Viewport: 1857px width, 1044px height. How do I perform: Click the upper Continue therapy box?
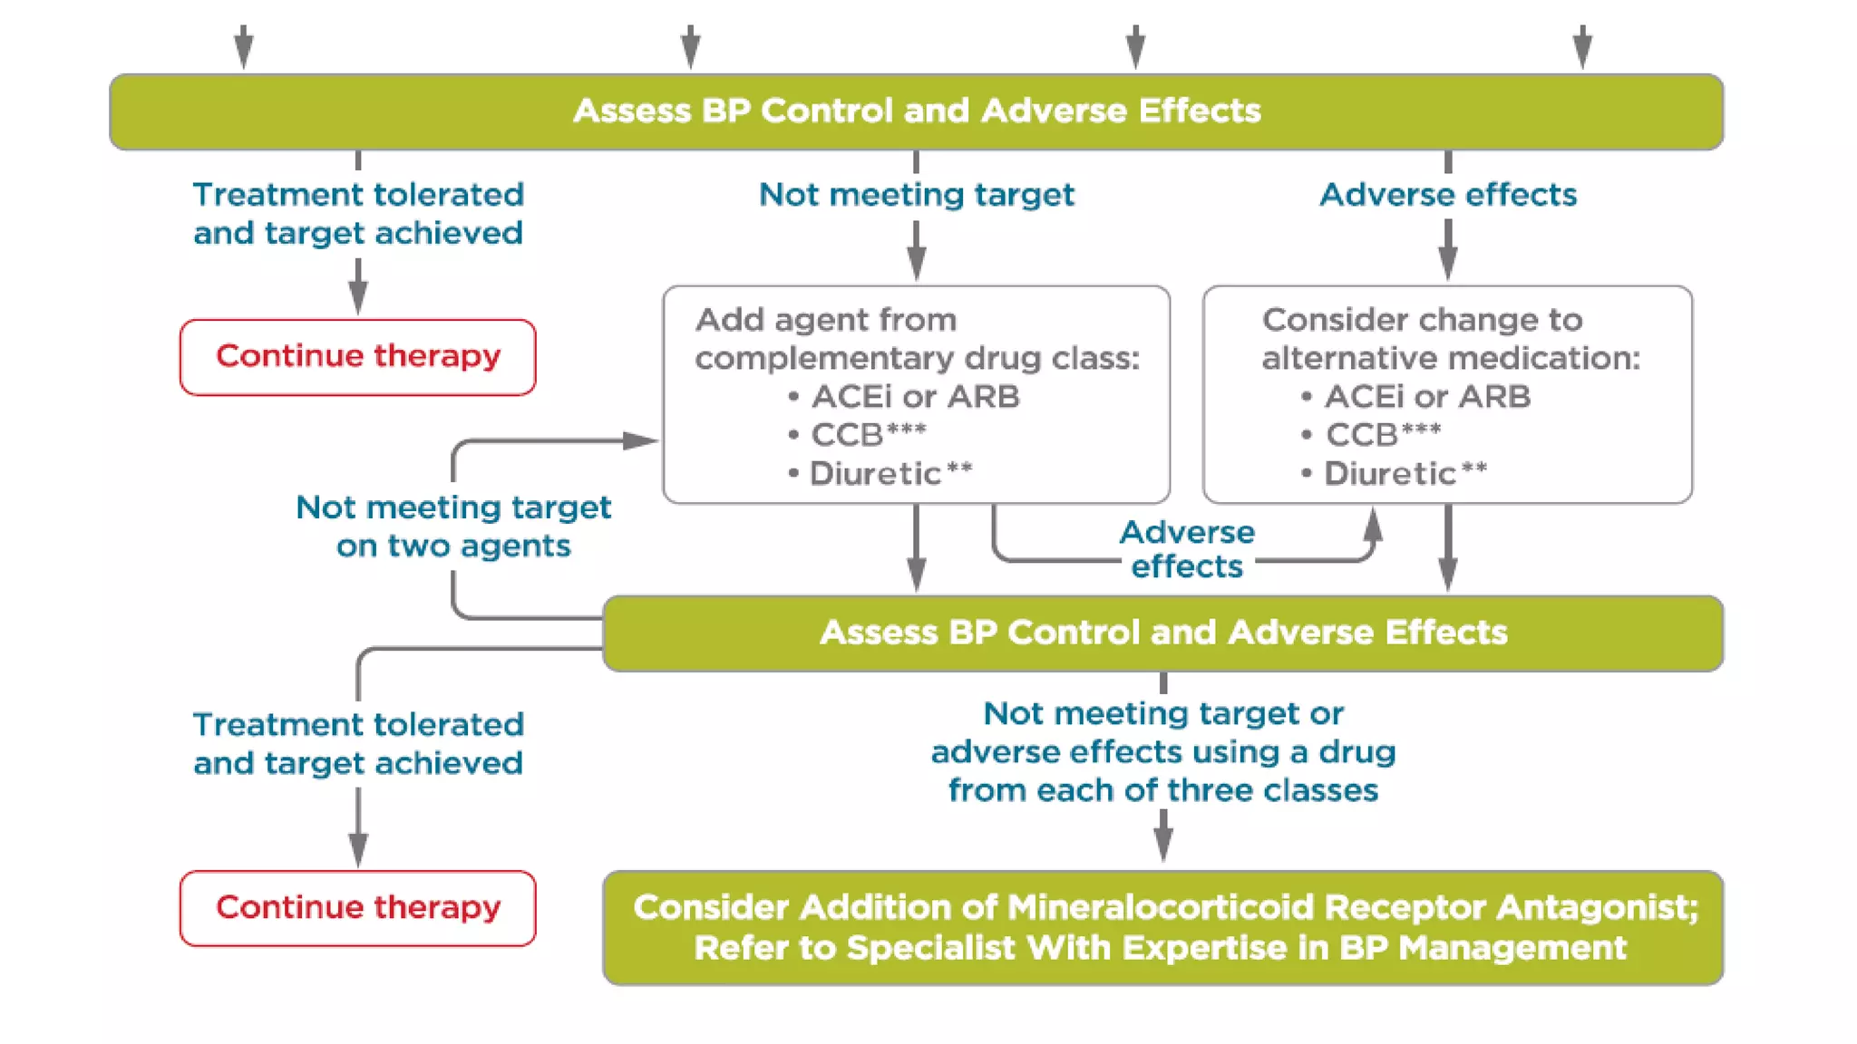(357, 357)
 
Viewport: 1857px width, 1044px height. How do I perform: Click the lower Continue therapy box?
(357, 908)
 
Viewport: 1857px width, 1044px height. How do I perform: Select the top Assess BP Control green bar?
(916, 111)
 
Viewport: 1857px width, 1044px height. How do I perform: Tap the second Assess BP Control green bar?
(1162, 633)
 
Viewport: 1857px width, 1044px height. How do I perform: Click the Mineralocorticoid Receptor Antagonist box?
(1162, 927)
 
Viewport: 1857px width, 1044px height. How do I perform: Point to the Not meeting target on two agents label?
(453, 527)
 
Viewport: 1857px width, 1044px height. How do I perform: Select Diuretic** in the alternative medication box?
(1404, 473)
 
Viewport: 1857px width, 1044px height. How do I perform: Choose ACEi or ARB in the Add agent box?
(914, 397)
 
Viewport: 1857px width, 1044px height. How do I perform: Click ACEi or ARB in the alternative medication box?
(1426, 397)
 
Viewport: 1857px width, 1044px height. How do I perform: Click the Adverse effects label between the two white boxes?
(1186, 549)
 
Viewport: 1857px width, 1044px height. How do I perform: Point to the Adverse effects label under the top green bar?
(1447, 195)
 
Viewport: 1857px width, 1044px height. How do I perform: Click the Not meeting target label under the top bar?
(916, 195)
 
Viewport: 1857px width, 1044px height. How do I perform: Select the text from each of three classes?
(1162, 791)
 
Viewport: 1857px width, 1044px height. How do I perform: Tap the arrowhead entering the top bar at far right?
(1582, 50)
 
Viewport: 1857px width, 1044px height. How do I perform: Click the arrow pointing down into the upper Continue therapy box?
(358, 295)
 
